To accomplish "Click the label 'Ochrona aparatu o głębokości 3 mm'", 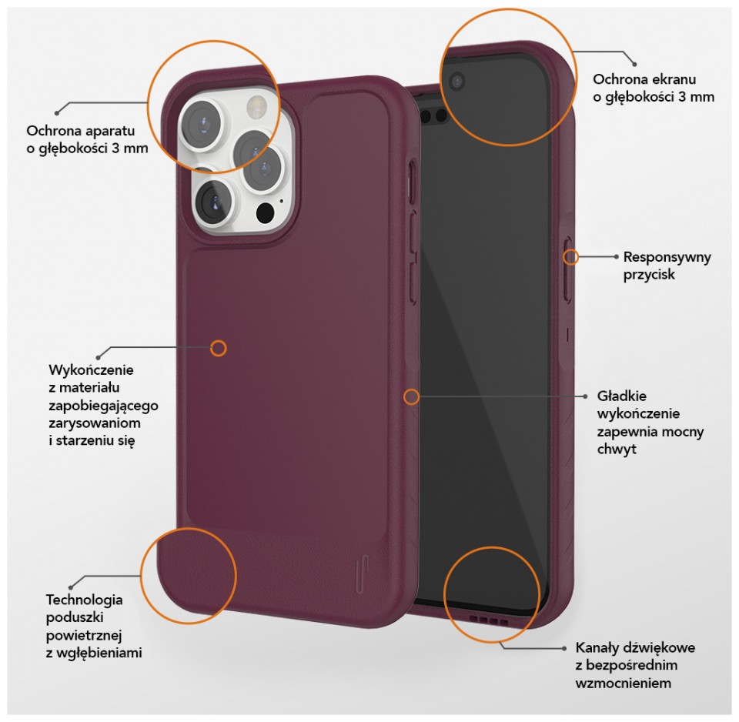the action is (87, 139).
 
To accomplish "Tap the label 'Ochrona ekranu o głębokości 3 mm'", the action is (654, 88).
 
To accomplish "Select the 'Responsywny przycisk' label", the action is (667, 266).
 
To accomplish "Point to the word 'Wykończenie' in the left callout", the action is (91, 370).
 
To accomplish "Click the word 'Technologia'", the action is (85, 600).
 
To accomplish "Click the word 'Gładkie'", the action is (622, 396).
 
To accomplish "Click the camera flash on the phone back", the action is (256, 105).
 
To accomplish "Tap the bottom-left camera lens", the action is (212, 202).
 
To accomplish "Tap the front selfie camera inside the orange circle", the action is (456, 82).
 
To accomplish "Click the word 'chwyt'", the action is (617, 449).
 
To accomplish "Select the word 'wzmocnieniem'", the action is (623, 683).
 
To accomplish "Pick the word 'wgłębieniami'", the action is (99, 653).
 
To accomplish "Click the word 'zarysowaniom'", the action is (94, 423).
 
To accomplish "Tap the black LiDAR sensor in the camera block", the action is (266, 212).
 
